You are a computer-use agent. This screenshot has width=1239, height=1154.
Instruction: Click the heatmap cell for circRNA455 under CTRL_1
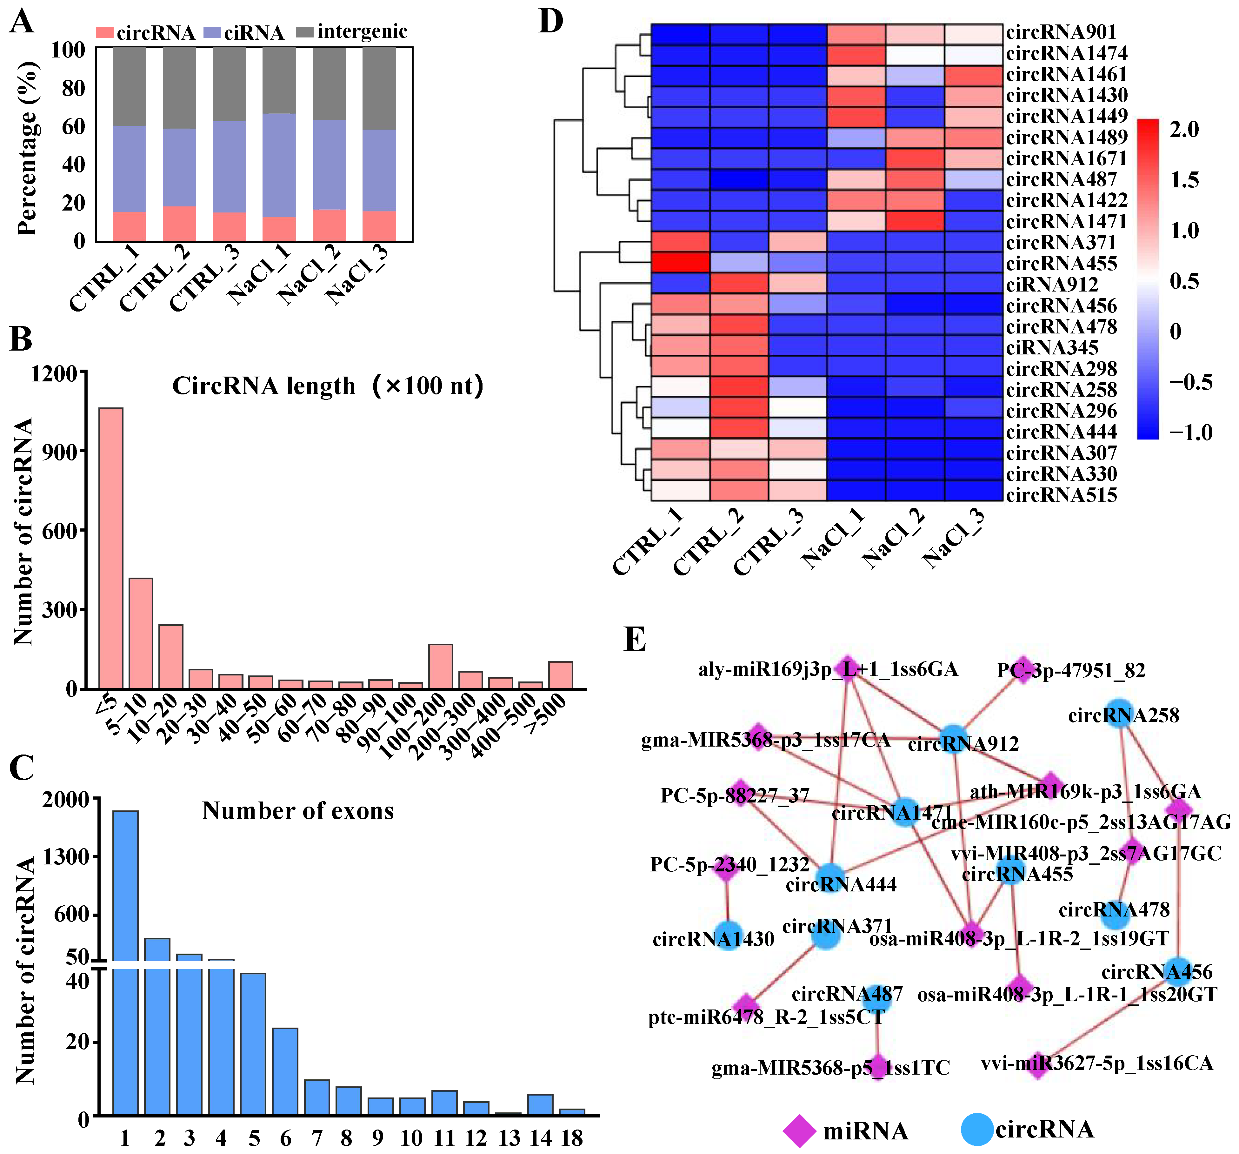(x=680, y=263)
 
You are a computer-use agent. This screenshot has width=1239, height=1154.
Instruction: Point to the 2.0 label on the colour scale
(x=1184, y=130)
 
